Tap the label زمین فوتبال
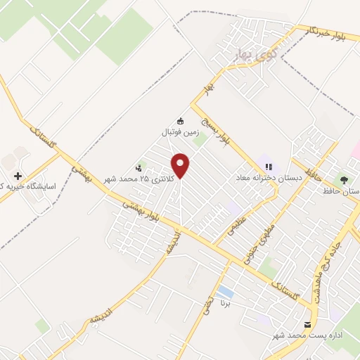pos(181,131)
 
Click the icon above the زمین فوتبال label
pos(181,120)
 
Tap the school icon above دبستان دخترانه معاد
pos(268,167)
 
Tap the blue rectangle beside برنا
pos(226,291)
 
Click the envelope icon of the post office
pos(307,324)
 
